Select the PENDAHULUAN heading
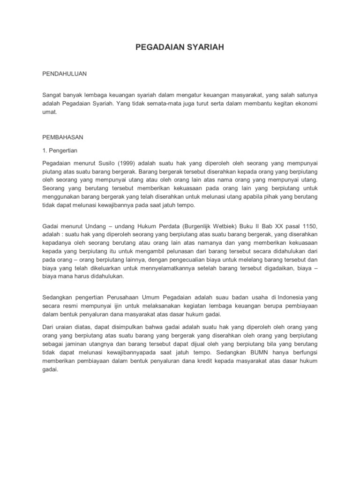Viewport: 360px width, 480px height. pos(65,74)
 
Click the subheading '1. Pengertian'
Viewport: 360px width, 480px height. pos(60,151)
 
